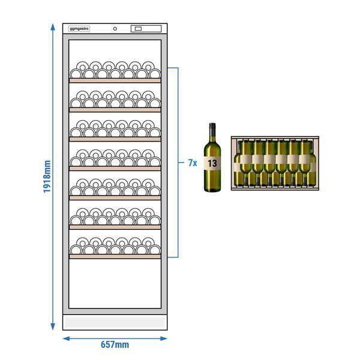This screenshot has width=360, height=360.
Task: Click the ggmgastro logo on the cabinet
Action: point(79,29)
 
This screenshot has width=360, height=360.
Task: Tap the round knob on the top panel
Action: point(115,29)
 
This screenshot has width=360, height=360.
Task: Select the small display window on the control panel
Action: point(138,29)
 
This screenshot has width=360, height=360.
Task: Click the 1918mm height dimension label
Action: point(47,176)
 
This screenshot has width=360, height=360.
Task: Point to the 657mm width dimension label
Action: point(115,344)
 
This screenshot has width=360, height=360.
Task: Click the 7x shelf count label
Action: point(193,163)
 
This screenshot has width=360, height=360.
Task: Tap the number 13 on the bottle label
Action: point(212,163)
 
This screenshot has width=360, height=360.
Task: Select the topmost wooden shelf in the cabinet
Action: point(115,80)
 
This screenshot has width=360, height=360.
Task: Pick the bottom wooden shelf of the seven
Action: point(115,257)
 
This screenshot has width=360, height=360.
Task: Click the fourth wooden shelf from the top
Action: point(115,169)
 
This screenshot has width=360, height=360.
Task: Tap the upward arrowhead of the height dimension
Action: point(53,27)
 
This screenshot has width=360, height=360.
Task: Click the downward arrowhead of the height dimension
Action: point(53,326)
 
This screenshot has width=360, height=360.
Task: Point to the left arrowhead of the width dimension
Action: point(67,338)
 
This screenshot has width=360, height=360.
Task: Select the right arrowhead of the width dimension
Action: point(164,338)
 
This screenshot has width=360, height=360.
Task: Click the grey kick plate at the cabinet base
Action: point(115,322)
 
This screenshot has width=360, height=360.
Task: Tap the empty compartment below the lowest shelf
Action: point(115,284)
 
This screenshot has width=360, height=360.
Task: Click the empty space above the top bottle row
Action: point(115,50)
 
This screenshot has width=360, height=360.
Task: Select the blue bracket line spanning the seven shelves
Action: point(178,163)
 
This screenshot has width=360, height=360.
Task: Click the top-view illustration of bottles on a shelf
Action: point(275,163)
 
